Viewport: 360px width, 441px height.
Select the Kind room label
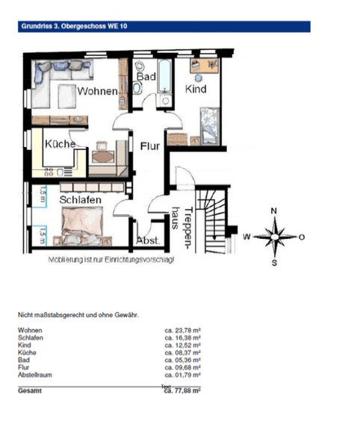[196, 89]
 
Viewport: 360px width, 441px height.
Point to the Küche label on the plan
[58, 144]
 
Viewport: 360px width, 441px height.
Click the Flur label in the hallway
[150, 146]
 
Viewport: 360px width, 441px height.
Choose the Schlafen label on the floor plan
[81, 200]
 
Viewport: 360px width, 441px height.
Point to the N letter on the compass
[274, 211]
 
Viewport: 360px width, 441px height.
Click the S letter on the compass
[274, 263]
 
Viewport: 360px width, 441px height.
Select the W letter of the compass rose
[246, 237]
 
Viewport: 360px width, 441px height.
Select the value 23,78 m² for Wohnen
[183, 329]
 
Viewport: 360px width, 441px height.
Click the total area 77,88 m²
[183, 390]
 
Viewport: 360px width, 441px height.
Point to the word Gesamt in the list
[31, 390]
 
